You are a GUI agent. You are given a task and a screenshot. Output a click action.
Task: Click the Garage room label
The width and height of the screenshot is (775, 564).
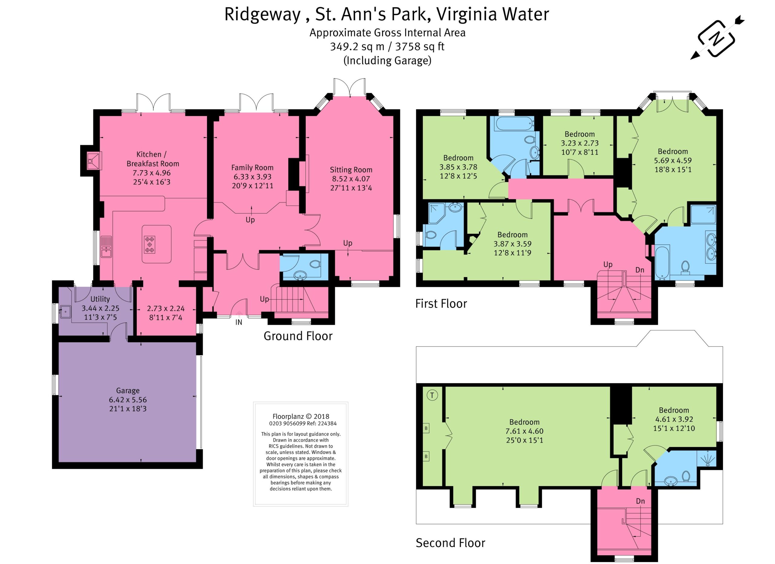(128, 391)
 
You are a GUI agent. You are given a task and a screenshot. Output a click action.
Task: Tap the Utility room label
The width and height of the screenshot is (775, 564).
(100, 299)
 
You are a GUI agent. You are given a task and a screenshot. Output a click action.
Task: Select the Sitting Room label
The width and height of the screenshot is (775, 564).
(351, 170)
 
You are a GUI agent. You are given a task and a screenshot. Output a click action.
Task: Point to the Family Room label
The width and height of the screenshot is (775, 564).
(252, 168)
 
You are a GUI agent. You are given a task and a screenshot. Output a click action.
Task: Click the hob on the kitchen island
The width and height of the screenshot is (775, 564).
(150, 245)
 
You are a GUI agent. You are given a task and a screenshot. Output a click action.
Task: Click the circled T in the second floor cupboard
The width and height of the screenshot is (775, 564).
(432, 395)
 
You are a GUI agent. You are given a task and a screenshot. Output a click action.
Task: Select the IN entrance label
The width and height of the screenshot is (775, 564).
(239, 322)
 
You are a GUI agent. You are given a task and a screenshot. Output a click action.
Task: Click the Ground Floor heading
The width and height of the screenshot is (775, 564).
(298, 336)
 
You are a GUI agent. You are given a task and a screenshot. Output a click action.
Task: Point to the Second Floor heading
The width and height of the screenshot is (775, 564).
(450, 543)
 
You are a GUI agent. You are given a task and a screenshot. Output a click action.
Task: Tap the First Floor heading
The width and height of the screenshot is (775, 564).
(441, 304)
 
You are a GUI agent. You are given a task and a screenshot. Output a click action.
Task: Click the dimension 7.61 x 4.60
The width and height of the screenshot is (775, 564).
(525, 431)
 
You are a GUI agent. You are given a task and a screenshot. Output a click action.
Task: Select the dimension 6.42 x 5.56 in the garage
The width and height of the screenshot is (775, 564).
(128, 400)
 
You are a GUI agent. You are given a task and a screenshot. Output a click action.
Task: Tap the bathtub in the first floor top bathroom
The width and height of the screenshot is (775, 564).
(514, 123)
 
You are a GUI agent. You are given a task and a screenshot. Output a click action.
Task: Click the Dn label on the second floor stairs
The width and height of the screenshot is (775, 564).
(640, 501)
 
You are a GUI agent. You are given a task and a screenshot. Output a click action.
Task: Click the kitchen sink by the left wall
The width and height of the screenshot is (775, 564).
(106, 247)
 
